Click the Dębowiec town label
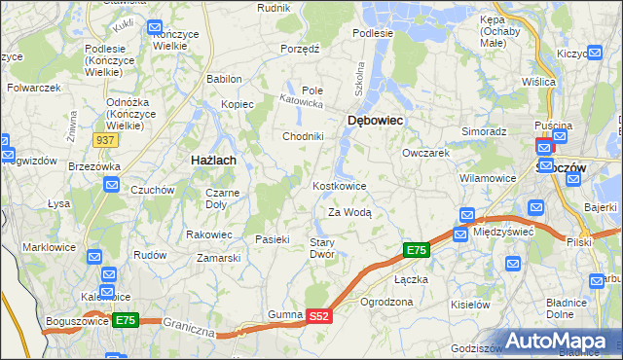376,120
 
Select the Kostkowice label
340,186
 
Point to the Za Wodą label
349,211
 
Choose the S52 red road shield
320,316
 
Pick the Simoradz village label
484,130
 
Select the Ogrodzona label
386,302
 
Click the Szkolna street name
359,77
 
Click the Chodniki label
303,136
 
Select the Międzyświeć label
502,232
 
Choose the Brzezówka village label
94,166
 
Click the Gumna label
285,315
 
